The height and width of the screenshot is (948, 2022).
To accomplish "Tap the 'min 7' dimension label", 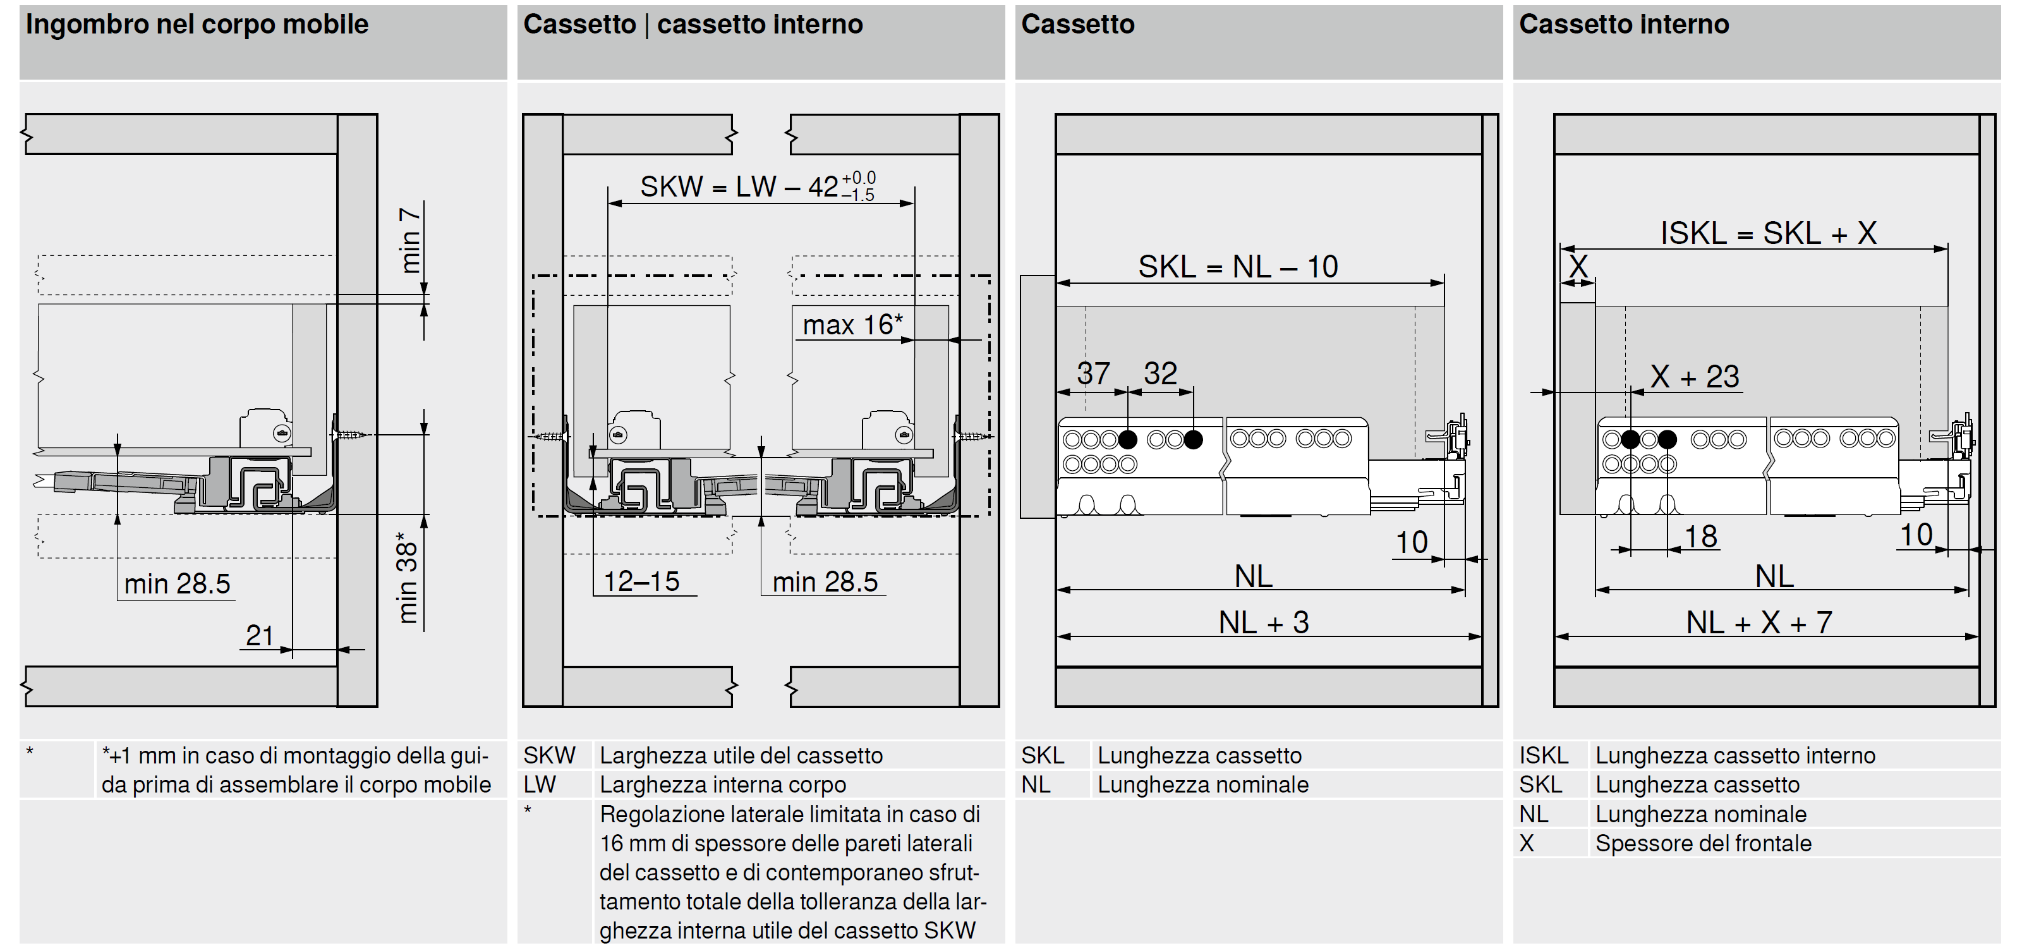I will click(x=409, y=240).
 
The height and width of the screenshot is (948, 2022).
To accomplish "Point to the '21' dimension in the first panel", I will click(x=259, y=635).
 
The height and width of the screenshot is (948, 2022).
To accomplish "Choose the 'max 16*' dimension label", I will click(x=852, y=324).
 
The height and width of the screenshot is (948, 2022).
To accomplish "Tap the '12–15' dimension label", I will click(x=641, y=581).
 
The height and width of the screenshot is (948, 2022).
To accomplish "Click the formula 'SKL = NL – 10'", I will click(x=1238, y=267).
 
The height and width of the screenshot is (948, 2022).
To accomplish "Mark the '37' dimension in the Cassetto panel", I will click(x=1093, y=374).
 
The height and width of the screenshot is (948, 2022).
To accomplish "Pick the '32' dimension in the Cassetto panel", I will click(x=1160, y=374).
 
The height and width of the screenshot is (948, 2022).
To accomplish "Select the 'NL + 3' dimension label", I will click(x=1264, y=623).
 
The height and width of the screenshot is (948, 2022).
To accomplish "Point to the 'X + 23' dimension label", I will click(x=1695, y=377).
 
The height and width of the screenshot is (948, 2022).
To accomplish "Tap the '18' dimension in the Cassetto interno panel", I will click(x=1701, y=537).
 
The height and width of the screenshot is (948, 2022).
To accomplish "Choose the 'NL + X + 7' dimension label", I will click(x=1759, y=623).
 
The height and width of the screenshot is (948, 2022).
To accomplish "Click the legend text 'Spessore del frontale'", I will click(x=1704, y=844).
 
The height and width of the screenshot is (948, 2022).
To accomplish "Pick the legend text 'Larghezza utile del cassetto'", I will click(x=741, y=756).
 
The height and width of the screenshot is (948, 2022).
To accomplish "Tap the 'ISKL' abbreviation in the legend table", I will click(x=1543, y=756).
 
